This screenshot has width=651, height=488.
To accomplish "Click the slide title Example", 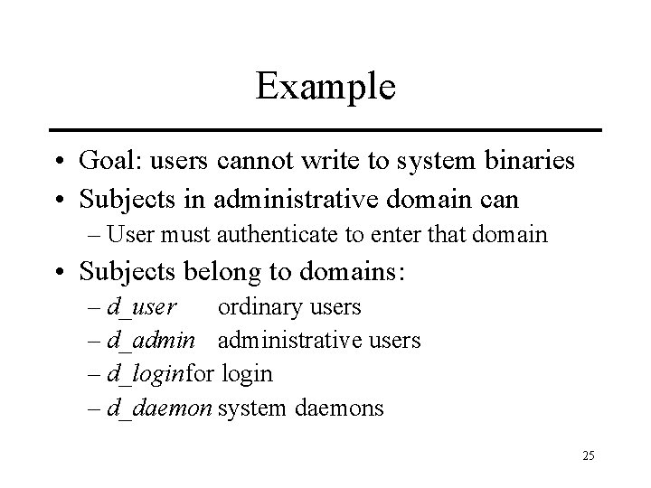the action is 325,88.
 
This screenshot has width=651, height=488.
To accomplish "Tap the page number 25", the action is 588,455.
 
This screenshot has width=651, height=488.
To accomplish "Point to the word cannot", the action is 254,161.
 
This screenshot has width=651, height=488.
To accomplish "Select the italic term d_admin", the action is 147,341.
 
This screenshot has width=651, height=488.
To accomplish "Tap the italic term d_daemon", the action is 158,408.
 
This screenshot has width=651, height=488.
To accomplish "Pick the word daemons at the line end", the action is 339,408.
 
